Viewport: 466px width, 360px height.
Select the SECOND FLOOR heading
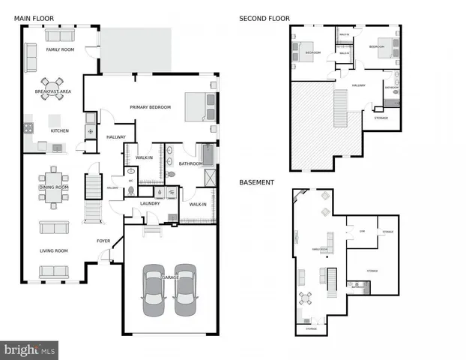[x=264, y=19]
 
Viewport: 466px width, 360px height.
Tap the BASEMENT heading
[x=255, y=182]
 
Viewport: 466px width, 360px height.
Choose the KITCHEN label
[x=60, y=130]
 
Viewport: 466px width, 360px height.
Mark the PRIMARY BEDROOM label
[x=150, y=107]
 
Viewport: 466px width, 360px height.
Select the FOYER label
[x=103, y=241]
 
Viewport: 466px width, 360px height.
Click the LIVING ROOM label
[x=53, y=250]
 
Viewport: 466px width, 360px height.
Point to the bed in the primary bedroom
[x=200, y=106]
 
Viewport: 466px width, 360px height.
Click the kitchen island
[x=55, y=120]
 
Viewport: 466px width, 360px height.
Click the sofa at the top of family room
[x=60, y=35]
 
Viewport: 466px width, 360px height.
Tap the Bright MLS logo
[x=29, y=349]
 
